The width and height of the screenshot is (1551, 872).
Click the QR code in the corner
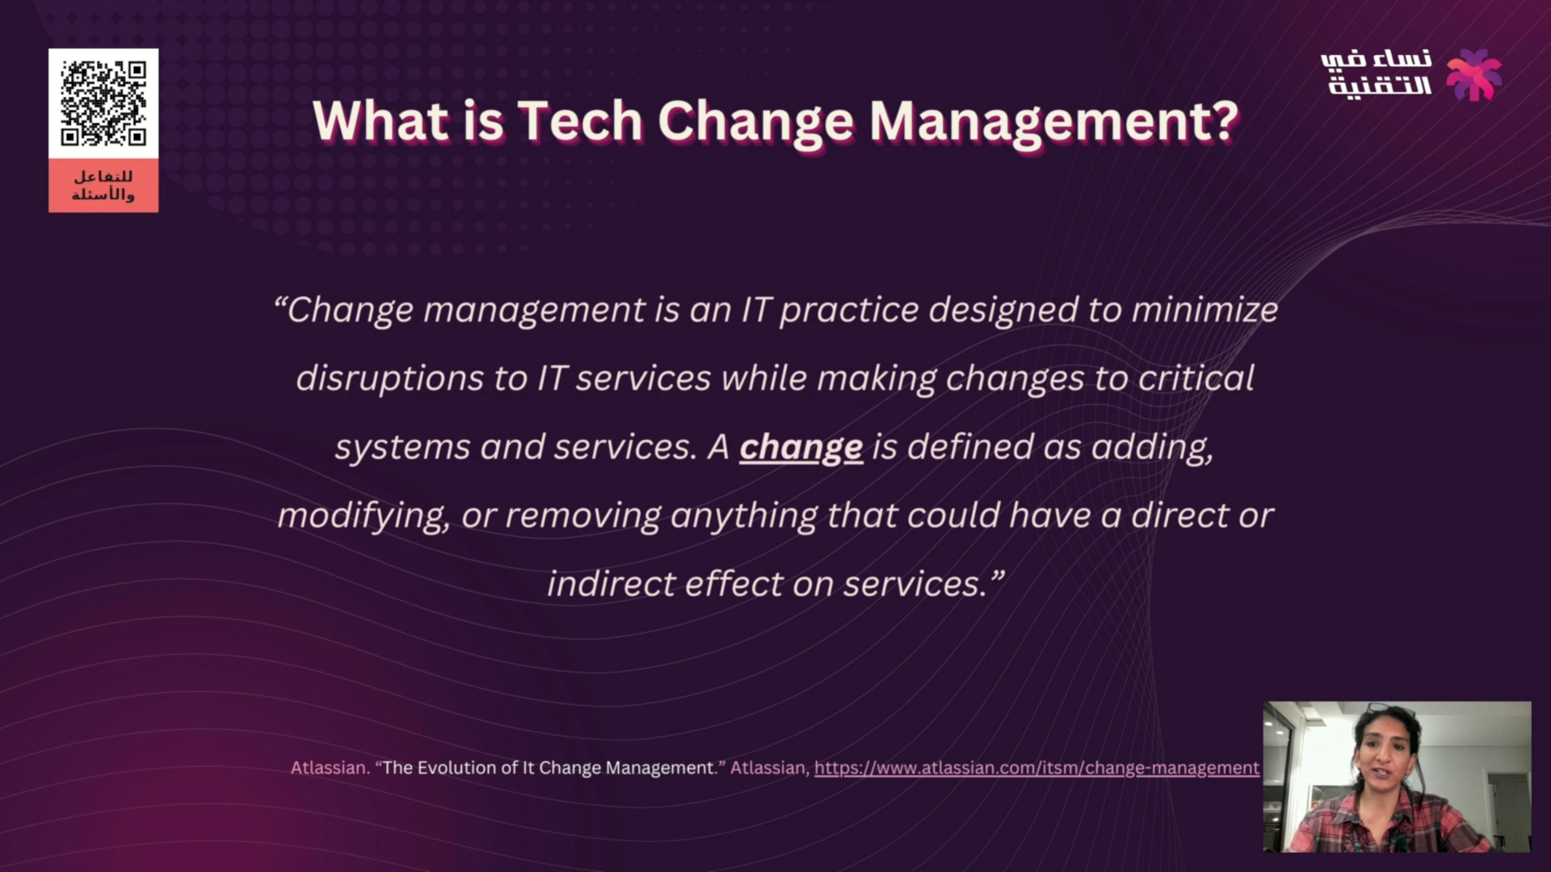point(103,103)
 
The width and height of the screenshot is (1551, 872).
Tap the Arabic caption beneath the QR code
point(103,186)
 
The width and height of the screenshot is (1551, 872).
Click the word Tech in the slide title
point(579,120)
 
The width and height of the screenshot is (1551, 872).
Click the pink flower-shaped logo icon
point(1473,74)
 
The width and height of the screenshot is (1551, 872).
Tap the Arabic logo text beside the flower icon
point(1377,73)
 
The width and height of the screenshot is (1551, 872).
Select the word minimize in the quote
point(1204,310)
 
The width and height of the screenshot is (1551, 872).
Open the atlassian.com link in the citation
point(1036,768)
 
